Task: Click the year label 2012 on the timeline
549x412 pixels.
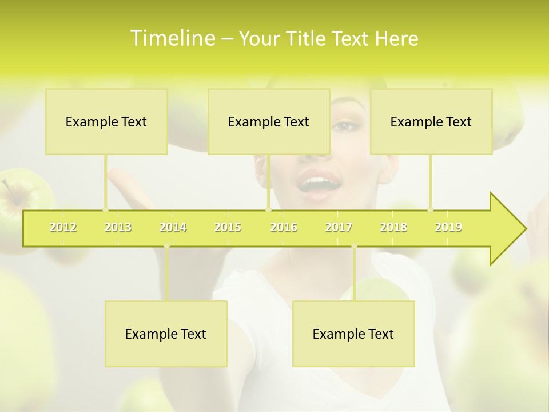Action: point(63,227)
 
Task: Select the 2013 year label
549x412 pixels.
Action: point(118,227)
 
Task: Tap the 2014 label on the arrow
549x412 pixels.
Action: point(173,227)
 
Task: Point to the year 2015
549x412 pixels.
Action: point(228,227)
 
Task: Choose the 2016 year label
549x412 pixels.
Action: point(284,227)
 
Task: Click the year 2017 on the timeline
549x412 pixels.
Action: point(339,227)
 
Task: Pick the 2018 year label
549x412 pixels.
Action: point(393,227)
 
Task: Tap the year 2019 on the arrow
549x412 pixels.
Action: point(448,227)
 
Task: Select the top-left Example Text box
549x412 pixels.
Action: point(106,122)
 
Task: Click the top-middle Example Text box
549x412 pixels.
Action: point(269,122)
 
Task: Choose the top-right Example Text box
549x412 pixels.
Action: point(431,122)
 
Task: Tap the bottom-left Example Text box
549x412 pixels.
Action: point(166,334)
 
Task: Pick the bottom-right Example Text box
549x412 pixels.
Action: point(353,334)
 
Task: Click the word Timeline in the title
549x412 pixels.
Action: point(172,38)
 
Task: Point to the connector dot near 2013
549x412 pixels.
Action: point(105,209)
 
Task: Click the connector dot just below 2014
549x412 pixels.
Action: point(166,247)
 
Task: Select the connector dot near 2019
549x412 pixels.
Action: point(431,209)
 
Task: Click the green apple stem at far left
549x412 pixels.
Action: point(8,187)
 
